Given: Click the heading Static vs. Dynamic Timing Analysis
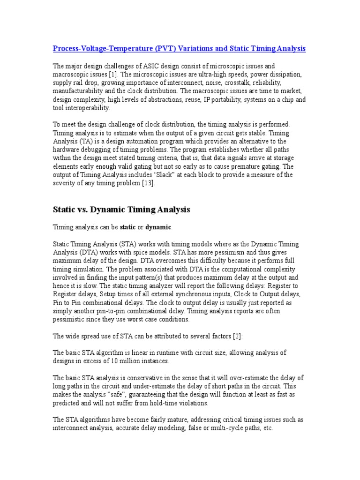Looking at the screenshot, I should pos(121,210).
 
